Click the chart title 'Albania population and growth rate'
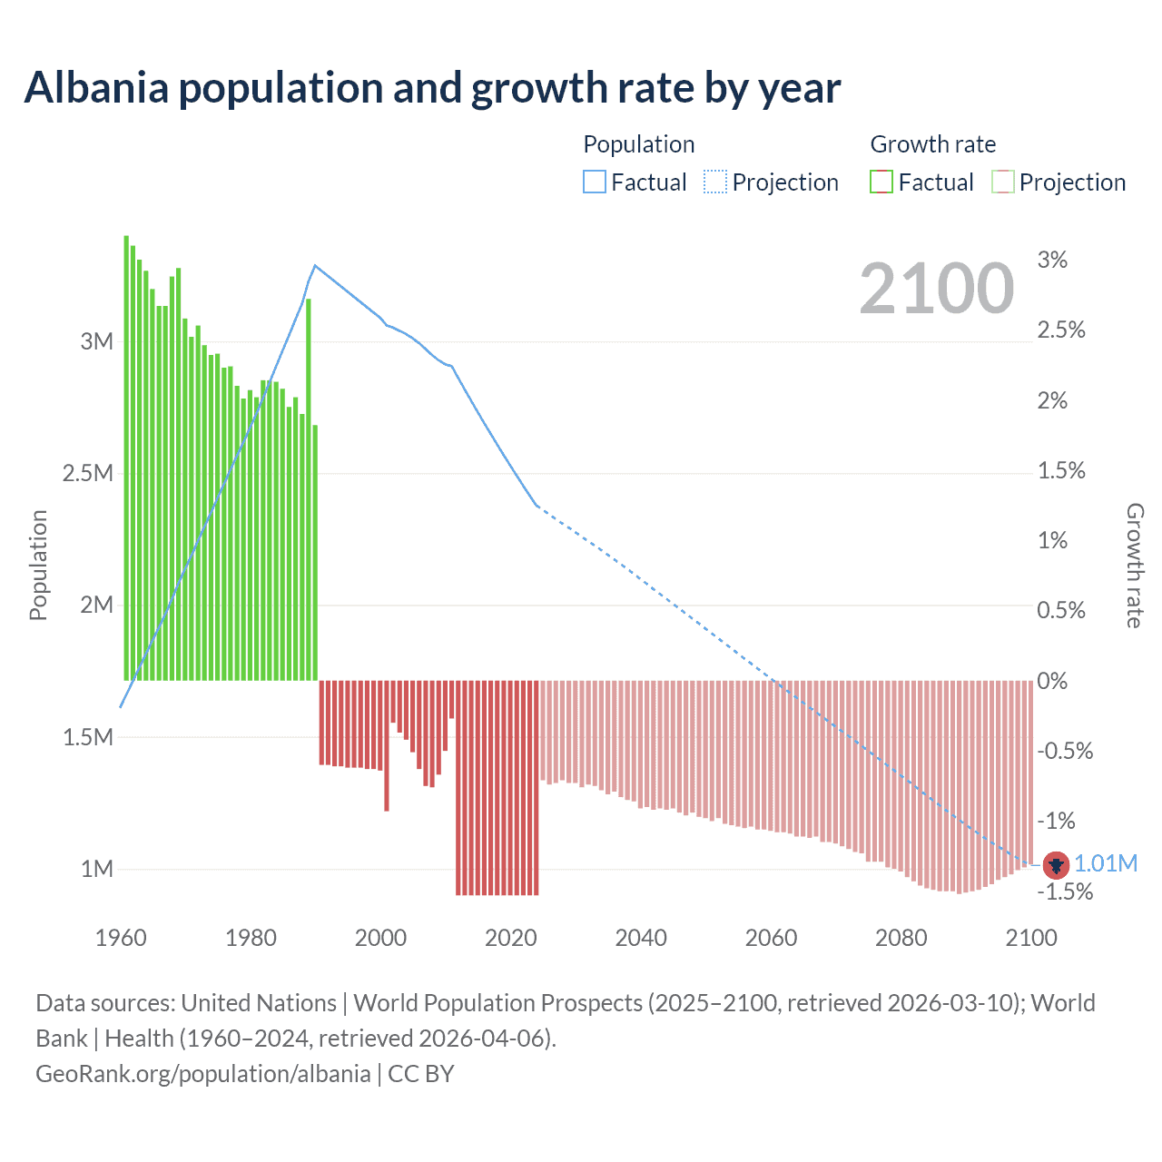click(x=432, y=88)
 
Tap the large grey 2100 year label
click(x=936, y=289)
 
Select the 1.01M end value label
click(x=1106, y=863)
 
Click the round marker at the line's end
click(x=1056, y=865)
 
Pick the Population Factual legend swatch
click(x=594, y=182)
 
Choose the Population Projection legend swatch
click(x=715, y=182)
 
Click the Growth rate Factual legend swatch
click(x=881, y=182)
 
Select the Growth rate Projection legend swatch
click(x=1002, y=182)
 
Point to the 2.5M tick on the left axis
click(x=88, y=474)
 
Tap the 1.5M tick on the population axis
click(x=88, y=737)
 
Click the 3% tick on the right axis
click(x=1052, y=261)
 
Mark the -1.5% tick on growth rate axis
click(x=1065, y=892)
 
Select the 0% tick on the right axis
click(x=1052, y=682)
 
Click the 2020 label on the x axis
click(x=511, y=938)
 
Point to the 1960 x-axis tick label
click(x=121, y=938)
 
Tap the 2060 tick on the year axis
click(x=771, y=938)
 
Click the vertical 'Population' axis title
click(x=38, y=565)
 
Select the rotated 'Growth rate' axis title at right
click(x=1134, y=565)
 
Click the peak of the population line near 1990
click(x=315, y=265)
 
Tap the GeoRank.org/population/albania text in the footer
click(x=202, y=1074)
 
